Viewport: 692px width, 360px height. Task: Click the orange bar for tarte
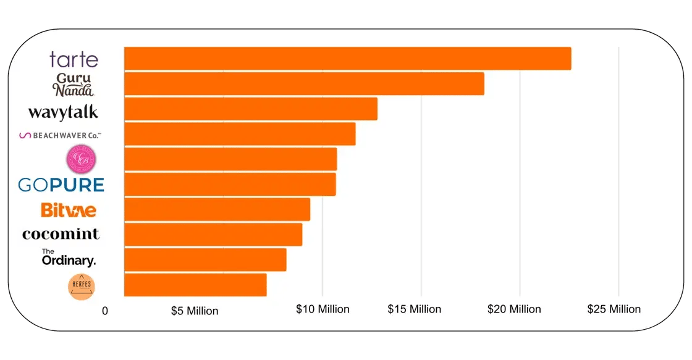[x=347, y=59]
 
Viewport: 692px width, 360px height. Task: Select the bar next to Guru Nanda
[x=304, y=84]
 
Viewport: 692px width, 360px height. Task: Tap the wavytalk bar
[x=250, y=109]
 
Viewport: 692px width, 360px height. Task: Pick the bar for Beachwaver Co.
[x=240, y=134]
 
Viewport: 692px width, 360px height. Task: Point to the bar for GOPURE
[x=230, y=185]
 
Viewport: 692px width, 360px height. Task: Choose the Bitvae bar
[x=217, y=210]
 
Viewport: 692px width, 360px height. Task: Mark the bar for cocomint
[x=213, y=235]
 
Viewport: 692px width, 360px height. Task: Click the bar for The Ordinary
[x=205, y=260]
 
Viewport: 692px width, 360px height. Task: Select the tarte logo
[x=74, y=60]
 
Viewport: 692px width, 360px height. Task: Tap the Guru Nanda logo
[x=74, y=85]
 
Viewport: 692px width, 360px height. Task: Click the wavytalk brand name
[x=63, y=112]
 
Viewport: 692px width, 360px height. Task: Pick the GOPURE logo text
[x=61, y=185]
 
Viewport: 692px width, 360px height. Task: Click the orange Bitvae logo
[x=69, y=210]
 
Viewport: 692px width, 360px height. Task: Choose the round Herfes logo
[x=80, y=287]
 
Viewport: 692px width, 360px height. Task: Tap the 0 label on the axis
[x=105, y=311]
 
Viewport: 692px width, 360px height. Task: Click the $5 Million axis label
[x=195, y=311]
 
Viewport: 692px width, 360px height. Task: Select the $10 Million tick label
[x=323, y=309]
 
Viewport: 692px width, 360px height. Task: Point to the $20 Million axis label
[x=514, y=309]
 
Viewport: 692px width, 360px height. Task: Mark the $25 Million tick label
[x=614, y=309]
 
